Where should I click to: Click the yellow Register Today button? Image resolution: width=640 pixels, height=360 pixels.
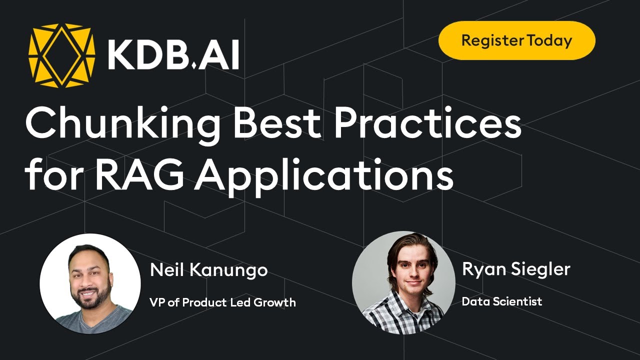tap(516, 40)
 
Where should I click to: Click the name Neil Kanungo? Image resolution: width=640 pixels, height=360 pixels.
tap(208, 270)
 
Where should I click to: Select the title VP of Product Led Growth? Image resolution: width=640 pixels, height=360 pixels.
tap(222, 302)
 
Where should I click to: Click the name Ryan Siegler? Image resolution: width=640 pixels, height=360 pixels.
tap(515, 269)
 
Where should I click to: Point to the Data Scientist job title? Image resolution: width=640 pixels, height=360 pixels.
tap(501, 301)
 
